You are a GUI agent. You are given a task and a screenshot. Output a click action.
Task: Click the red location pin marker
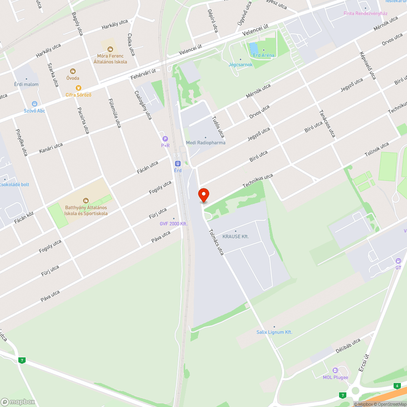203,195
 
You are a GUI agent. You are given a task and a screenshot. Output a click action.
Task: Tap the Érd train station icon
177,163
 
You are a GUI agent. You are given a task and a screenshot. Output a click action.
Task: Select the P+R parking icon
165,139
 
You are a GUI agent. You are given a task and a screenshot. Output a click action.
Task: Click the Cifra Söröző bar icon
79,88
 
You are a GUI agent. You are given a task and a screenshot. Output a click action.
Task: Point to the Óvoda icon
73,71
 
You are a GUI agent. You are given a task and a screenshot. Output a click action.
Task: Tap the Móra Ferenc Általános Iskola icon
110,49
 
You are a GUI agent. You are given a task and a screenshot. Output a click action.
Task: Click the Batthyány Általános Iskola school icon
86,200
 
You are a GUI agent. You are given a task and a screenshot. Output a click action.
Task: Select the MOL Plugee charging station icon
335,370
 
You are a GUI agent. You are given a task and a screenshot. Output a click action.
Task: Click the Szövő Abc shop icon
34,104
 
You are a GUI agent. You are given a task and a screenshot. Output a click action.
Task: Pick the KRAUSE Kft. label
236,236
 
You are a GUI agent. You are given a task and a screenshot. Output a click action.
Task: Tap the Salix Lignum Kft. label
274,332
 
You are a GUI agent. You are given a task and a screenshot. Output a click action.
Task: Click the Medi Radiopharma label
206,142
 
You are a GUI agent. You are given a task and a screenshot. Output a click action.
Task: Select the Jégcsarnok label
241,65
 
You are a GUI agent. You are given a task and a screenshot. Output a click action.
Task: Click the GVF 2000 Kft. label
173,223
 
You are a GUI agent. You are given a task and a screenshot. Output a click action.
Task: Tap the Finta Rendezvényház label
365,13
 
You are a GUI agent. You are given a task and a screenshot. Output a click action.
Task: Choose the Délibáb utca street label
348,346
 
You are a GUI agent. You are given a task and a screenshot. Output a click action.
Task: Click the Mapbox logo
18,401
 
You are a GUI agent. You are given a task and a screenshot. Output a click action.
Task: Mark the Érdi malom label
27,84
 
